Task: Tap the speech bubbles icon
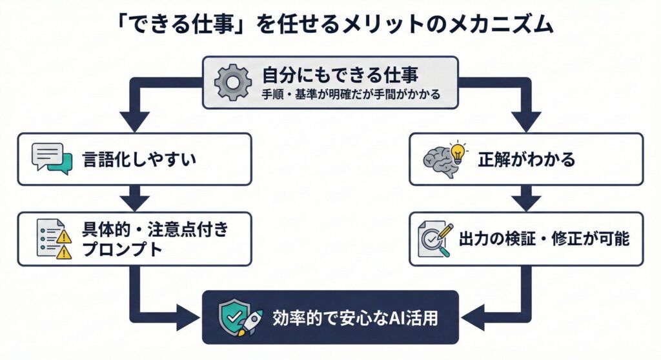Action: click(x=51, y=159)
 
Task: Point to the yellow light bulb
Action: click(x=459, y=150)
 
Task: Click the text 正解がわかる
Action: click(x=526, y=159)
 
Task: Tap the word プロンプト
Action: click(x=123, y=250)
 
